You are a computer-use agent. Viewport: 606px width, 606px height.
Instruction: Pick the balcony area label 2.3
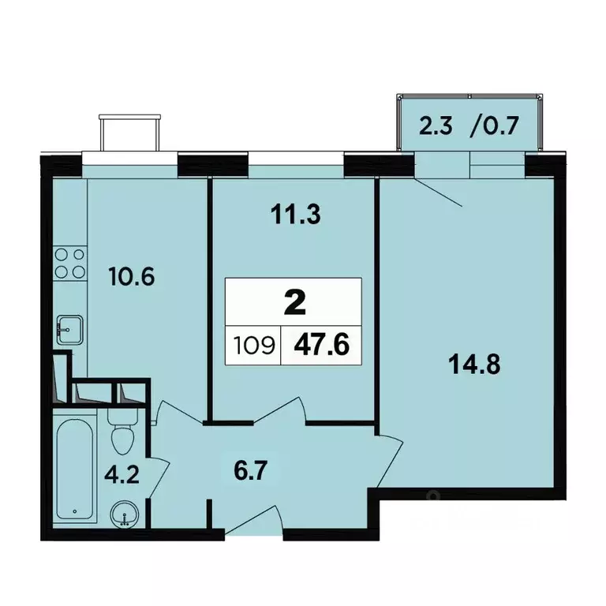[x=436, y=126]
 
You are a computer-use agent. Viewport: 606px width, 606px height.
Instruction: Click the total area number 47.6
[x=322, y=345]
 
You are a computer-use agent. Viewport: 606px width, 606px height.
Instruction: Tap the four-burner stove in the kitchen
[x=69, y=264]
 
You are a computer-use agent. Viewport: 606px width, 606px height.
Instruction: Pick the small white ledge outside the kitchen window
[x=130, y=133]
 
